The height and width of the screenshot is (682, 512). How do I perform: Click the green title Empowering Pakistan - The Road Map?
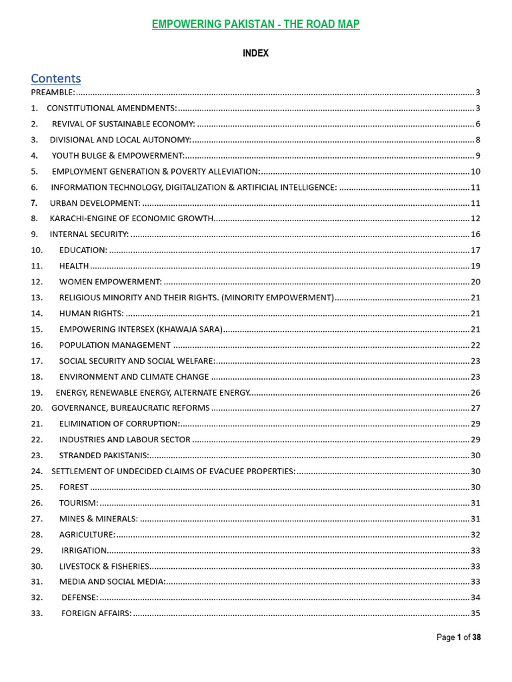[255, 25]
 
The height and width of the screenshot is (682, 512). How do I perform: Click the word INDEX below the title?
[255, 53]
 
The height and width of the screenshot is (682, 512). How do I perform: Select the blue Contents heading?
[56, 78]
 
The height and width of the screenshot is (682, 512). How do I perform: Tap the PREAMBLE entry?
[53, 92]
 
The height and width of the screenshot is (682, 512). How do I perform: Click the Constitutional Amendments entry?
[111, 108]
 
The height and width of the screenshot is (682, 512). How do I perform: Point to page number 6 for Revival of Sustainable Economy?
[478, 124]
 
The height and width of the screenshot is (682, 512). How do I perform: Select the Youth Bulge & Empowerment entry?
[118, 155]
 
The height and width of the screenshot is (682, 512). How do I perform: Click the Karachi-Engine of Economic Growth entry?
[131, 218]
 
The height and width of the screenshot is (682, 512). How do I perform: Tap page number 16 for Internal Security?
[475, 234]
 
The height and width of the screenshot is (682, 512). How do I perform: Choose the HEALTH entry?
[74, 266]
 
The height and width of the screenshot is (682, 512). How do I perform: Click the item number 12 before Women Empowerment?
[37, 282]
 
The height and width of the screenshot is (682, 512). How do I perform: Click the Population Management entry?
[115, 345]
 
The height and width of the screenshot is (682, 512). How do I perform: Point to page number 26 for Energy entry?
[475, 392]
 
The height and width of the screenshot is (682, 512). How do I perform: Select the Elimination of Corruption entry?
[119, 424]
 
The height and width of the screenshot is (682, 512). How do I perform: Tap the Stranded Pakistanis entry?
[104, 456]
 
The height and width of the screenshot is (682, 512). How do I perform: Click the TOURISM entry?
[79, 503]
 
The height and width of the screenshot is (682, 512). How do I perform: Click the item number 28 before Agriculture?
[37, 534]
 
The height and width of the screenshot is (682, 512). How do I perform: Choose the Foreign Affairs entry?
[97, 613]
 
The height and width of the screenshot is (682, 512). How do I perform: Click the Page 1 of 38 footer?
[459, 637]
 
